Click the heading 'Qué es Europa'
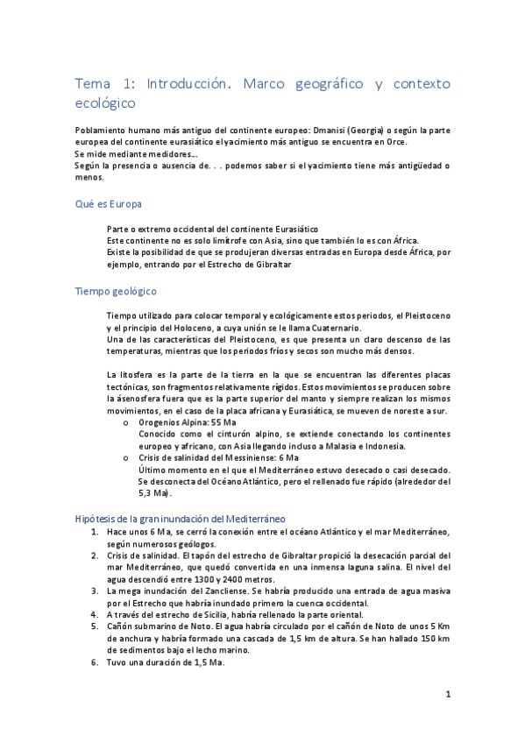(109, 203)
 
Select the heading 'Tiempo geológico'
(116, 291)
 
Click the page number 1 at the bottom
(447, 695)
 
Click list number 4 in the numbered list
(95, 615)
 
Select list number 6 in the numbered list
(95, 662)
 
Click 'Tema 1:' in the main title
(104, 84)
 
